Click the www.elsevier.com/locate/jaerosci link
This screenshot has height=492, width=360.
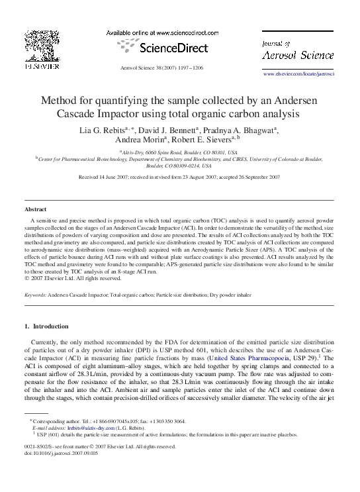(298, 74)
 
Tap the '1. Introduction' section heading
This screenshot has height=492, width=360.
(46, 326)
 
